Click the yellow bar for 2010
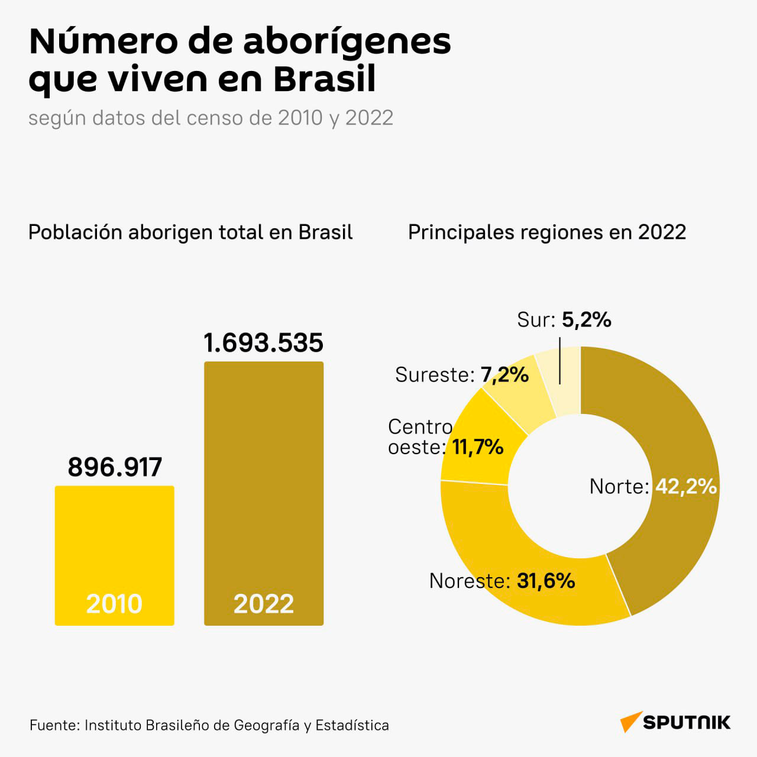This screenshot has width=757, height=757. pos(114,555)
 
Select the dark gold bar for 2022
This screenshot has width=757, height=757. pos(264,493)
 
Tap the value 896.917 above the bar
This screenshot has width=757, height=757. pos(115,467)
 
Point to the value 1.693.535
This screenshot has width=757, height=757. pos(263,343)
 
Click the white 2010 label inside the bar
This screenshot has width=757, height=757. pos(114,604)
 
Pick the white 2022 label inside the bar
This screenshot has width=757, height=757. pos(264,604)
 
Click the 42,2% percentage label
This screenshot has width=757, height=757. pos(686,486)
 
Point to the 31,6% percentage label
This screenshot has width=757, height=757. pos(546,581)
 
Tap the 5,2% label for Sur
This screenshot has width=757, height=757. pos(587,320)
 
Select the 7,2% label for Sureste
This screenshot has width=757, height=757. pos(505,375)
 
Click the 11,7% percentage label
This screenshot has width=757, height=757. pos(478,447)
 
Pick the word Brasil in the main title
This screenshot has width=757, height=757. pos(325,79)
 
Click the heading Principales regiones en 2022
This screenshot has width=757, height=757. pos(547,232)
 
